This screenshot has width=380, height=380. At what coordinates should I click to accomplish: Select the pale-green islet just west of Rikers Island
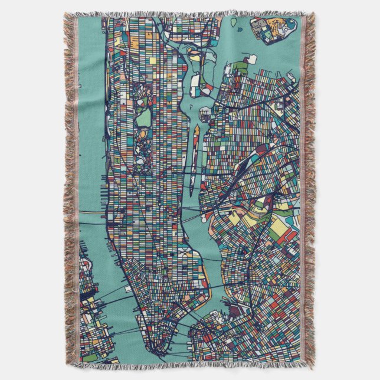(234, 22)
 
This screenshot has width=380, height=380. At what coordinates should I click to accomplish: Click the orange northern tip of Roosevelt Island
(196, 129)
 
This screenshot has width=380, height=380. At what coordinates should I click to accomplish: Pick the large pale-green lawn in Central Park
(144, 118)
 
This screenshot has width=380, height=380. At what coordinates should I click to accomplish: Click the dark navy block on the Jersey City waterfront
(89, 289)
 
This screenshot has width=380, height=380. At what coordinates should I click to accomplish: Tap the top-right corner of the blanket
(312, 13)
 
